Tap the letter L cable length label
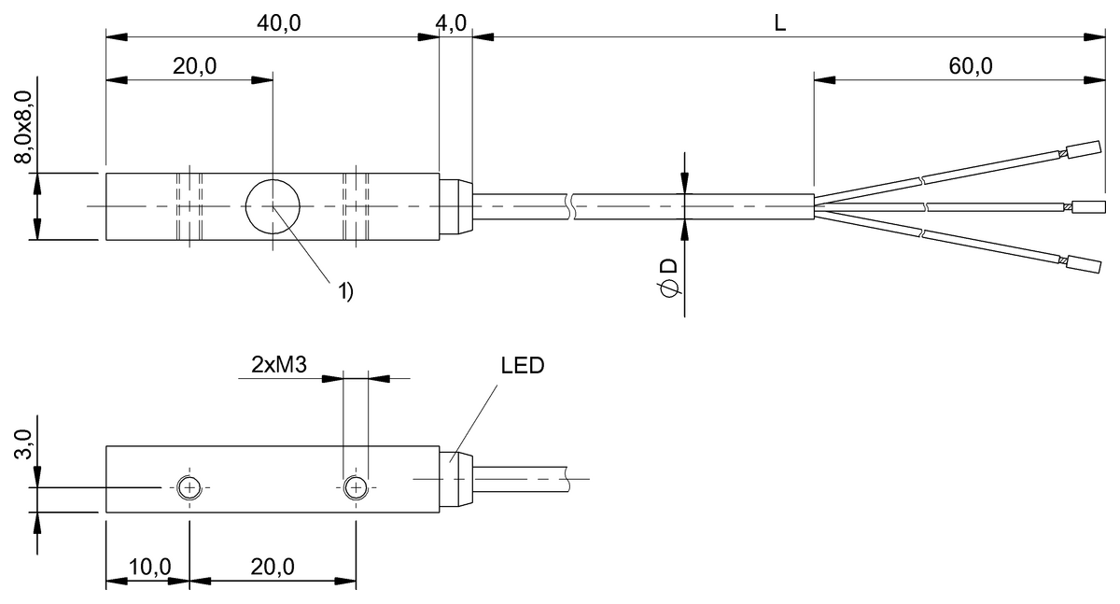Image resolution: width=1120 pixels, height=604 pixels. (x=780, y=23)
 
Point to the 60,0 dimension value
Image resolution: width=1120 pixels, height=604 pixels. (x=969, y=65)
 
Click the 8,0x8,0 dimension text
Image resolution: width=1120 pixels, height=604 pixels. (x=23, y=121)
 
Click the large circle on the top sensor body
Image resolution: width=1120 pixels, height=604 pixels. (x=273, y=206)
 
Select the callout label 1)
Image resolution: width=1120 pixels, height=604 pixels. (x=344, y=291)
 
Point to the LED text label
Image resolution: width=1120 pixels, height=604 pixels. (x=523, y=366)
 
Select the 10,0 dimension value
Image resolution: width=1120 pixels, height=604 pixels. (x=148, y=567)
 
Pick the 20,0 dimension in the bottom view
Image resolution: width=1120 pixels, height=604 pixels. (x=273, y=567)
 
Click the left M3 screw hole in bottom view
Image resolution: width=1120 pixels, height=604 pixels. (x=189, y=487)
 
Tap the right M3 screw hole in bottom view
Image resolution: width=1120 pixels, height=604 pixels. (x=356, y=487)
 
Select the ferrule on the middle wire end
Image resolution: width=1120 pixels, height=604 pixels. (x=1089, y=205)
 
